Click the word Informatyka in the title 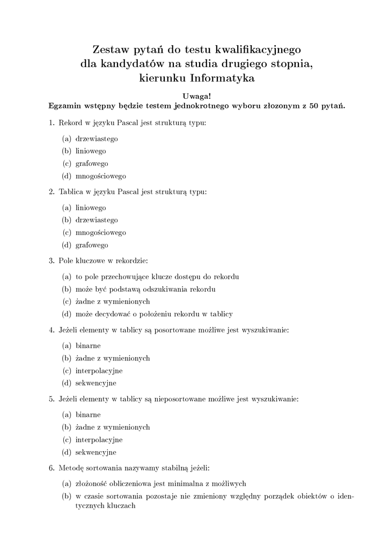(x=222, y=78)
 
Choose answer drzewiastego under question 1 (x=97, y=139)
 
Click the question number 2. (x=52, y=192)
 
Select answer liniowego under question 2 (x=91, y=207)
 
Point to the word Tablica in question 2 (x=70, y=192)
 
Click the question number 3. (x=52, y=261)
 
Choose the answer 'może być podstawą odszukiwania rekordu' (x=145, y=290)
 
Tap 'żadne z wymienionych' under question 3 (x=113, y=301)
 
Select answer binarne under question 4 (x=88, y=345)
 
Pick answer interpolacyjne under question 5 (x=99, y=439)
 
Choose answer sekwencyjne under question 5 (x=96, y=452)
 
